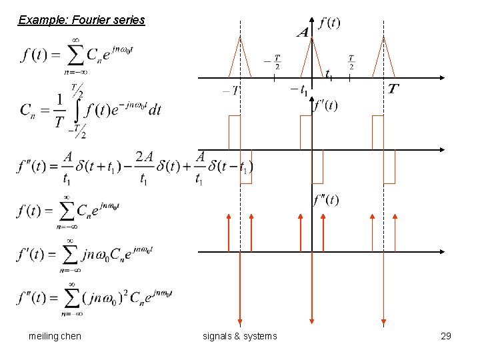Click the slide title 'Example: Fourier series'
tap(81, 20)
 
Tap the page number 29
tap(446, 336)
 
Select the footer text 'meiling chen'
tap(55, 336)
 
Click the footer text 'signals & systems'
tap(239, 336)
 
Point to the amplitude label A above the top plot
tap(303, 32)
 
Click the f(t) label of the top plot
tap(329, 23)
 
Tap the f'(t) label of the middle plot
tap(325, 105)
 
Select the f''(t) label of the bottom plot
tap(326, 199)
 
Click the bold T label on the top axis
tap(394, 89)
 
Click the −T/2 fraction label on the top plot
tap(272, 61)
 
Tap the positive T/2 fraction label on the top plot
tap(351, 61)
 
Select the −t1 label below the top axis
tap(299, 89)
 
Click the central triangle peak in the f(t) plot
tap(312, 37)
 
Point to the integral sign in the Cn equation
tap(79, 109)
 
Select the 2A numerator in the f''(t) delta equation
tap(143, 157)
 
